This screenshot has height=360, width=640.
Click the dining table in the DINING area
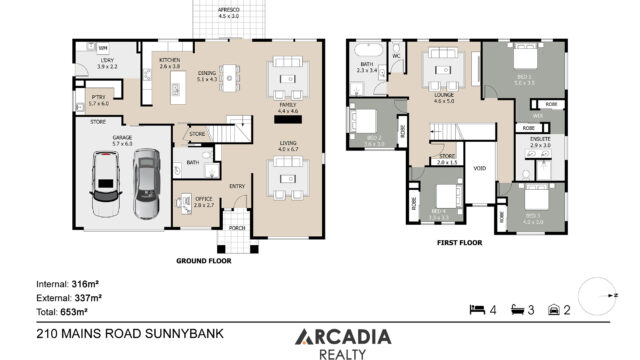[232, 75]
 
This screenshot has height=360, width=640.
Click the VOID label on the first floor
[479, 168]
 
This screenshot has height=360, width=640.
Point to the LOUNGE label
[444, 96]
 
